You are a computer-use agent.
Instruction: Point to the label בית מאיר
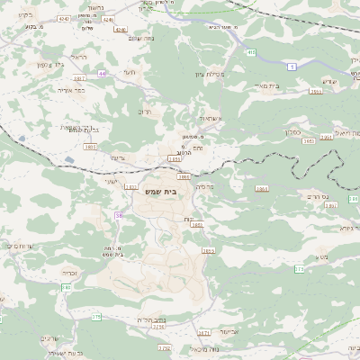pos(266,85)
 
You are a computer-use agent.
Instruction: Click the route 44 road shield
pos(103,73)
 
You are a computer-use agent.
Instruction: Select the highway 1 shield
pos(292,67)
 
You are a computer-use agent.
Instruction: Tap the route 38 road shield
pos(118,215)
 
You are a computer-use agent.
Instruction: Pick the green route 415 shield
pos(251,53)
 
